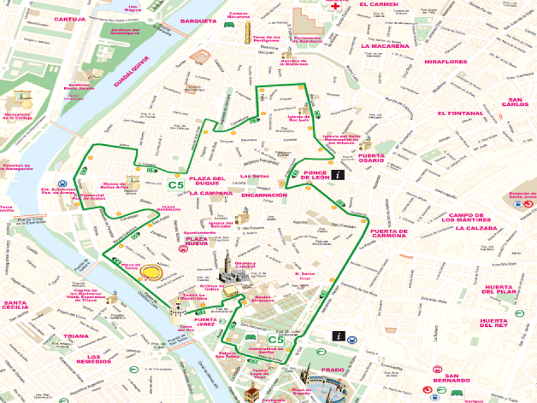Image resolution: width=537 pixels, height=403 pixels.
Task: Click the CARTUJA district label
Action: (x=70, y=19)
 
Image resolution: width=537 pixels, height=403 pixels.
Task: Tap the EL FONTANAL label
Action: (x=460, y=113)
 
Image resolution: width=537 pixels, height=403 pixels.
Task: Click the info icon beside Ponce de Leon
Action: (x=339, y=176)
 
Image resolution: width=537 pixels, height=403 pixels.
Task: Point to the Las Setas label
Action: (x=255, y=176)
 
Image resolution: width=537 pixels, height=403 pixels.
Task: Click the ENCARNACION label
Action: (x=264, y=195)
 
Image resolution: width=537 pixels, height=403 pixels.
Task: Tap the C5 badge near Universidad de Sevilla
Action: (x=275, y=341)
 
